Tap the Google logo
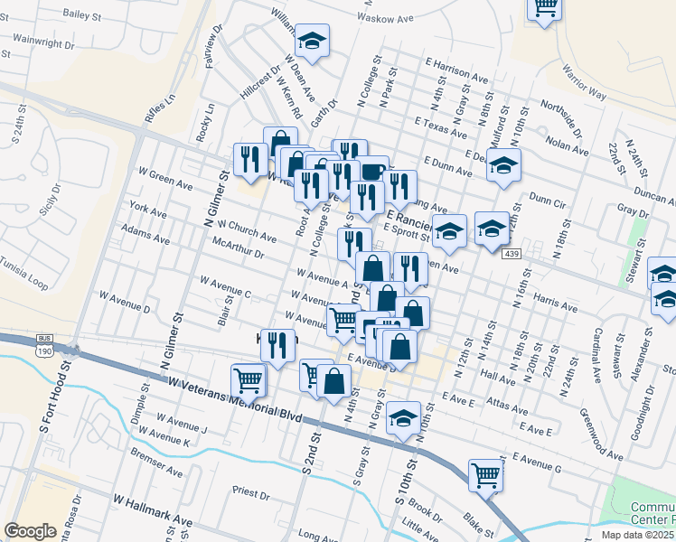31,531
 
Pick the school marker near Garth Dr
313,41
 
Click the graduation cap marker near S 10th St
403,418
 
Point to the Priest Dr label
251,493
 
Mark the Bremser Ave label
156,460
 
